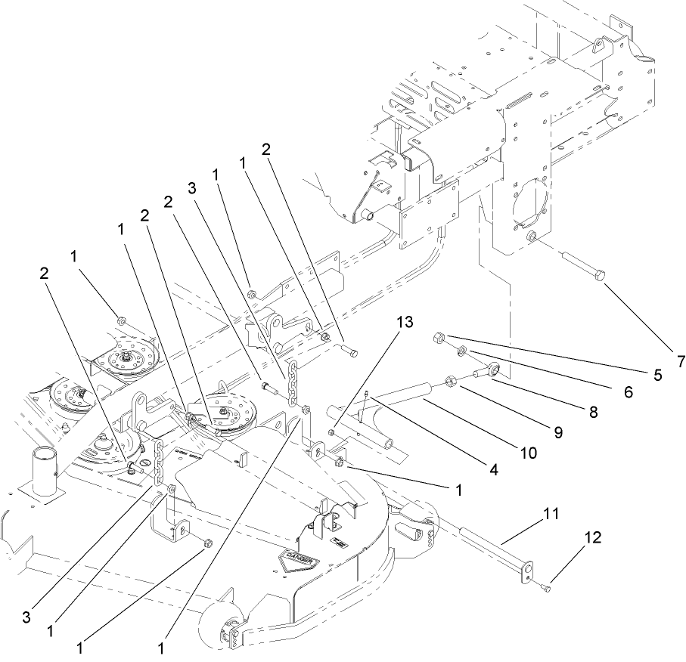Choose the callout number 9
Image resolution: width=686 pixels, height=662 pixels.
557,432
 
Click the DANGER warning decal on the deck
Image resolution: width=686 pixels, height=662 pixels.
299,560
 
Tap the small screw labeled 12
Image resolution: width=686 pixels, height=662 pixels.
550,588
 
